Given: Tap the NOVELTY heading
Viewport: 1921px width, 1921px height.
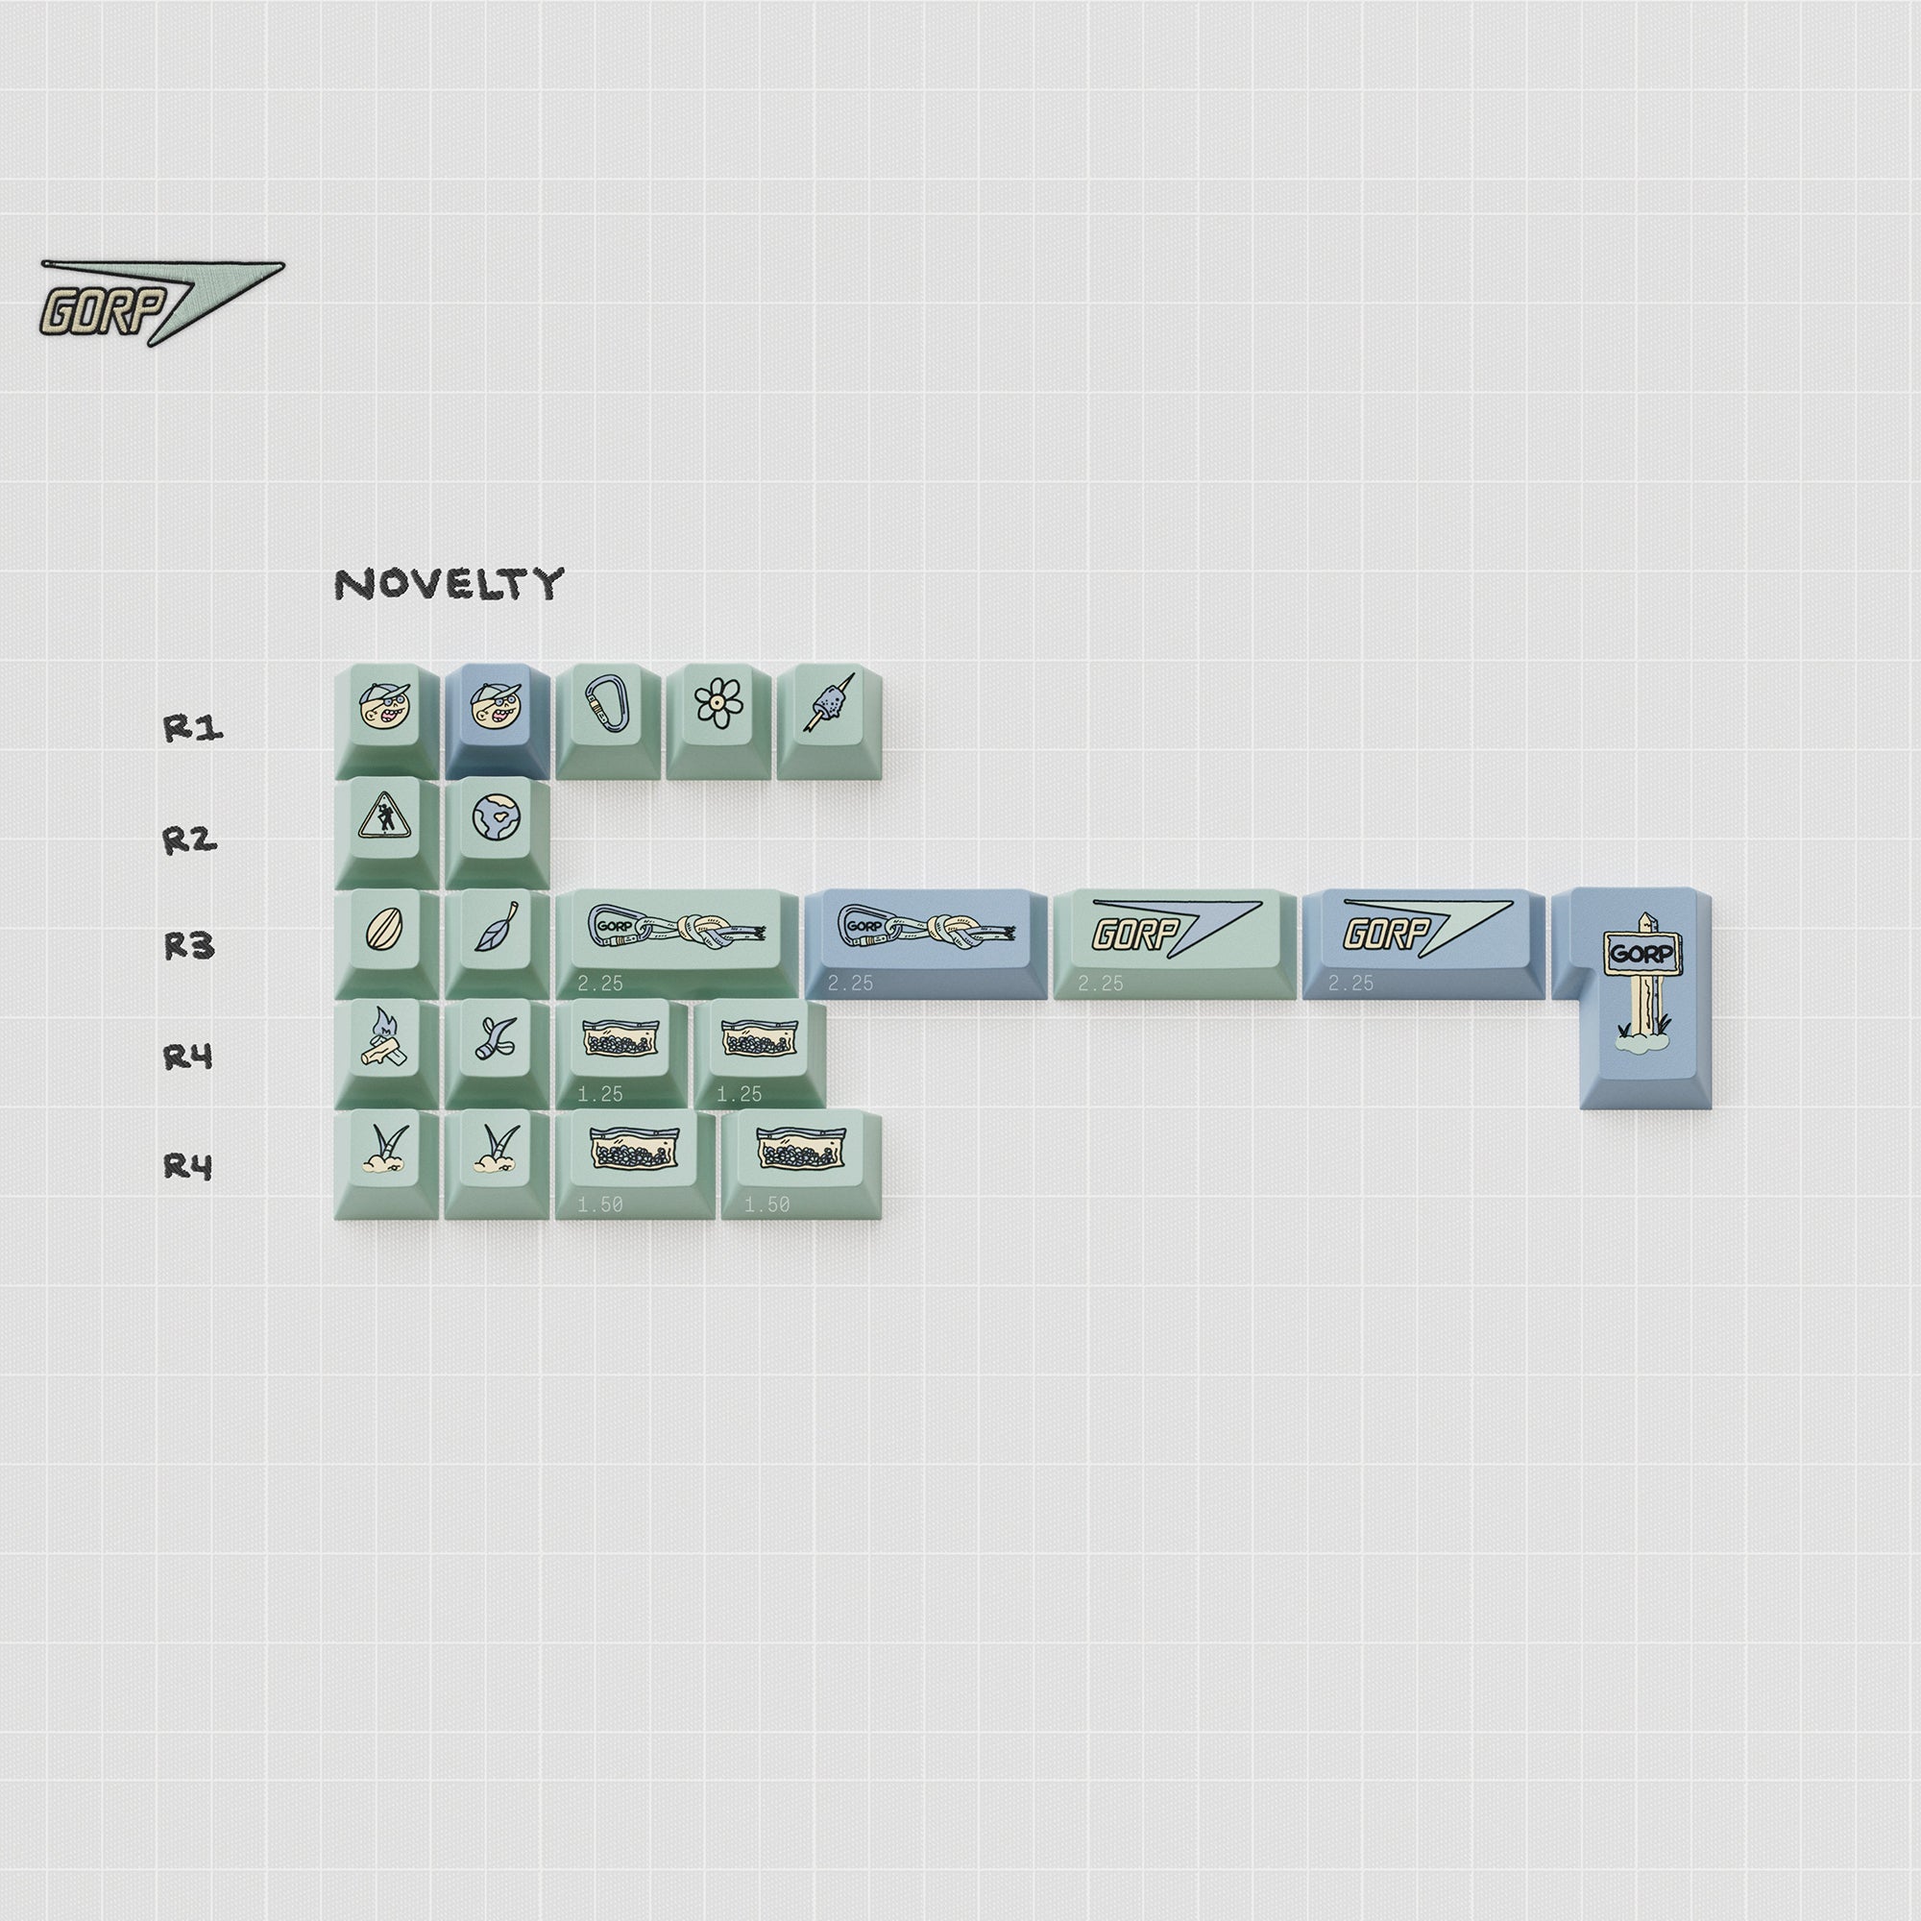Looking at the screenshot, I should [x=449, y=584].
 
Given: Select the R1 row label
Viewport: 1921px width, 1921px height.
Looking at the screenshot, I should [x=193, y=729].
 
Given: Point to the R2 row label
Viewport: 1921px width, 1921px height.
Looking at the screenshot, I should [x=190, y=840].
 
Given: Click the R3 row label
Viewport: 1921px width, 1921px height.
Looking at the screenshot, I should [x=190, y=945].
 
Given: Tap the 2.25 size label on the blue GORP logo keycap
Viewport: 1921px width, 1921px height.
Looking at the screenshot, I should [x=1350, y=984].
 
